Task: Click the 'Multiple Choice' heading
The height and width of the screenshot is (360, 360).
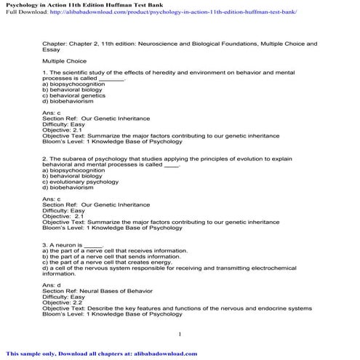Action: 64,62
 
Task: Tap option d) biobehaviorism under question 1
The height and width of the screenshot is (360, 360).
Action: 68,102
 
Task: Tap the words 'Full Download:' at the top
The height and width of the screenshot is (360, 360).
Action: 23,13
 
